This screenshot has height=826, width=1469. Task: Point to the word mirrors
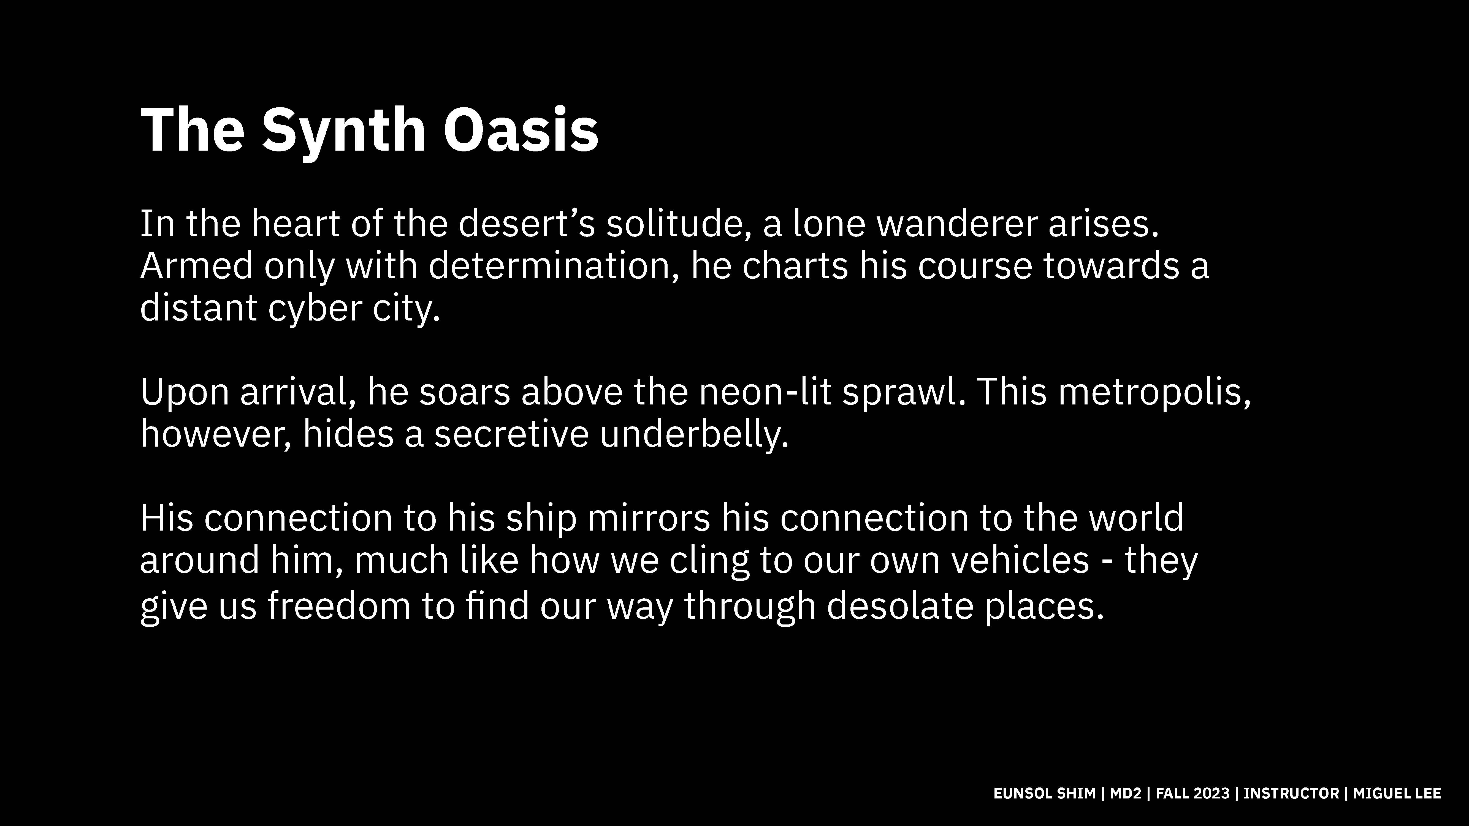(648, 518)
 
